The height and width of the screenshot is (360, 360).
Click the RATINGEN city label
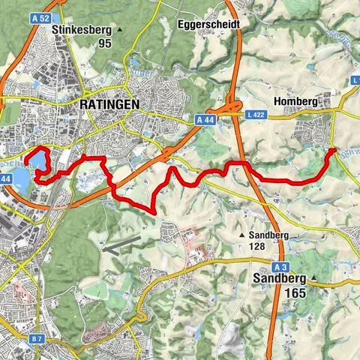[109, 106]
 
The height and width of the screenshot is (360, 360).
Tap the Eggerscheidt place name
[210, 24]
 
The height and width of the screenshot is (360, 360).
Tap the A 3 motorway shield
[280, 267]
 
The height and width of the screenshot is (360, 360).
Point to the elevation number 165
[295, 293]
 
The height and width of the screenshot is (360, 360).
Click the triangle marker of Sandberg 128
[241, 235]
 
